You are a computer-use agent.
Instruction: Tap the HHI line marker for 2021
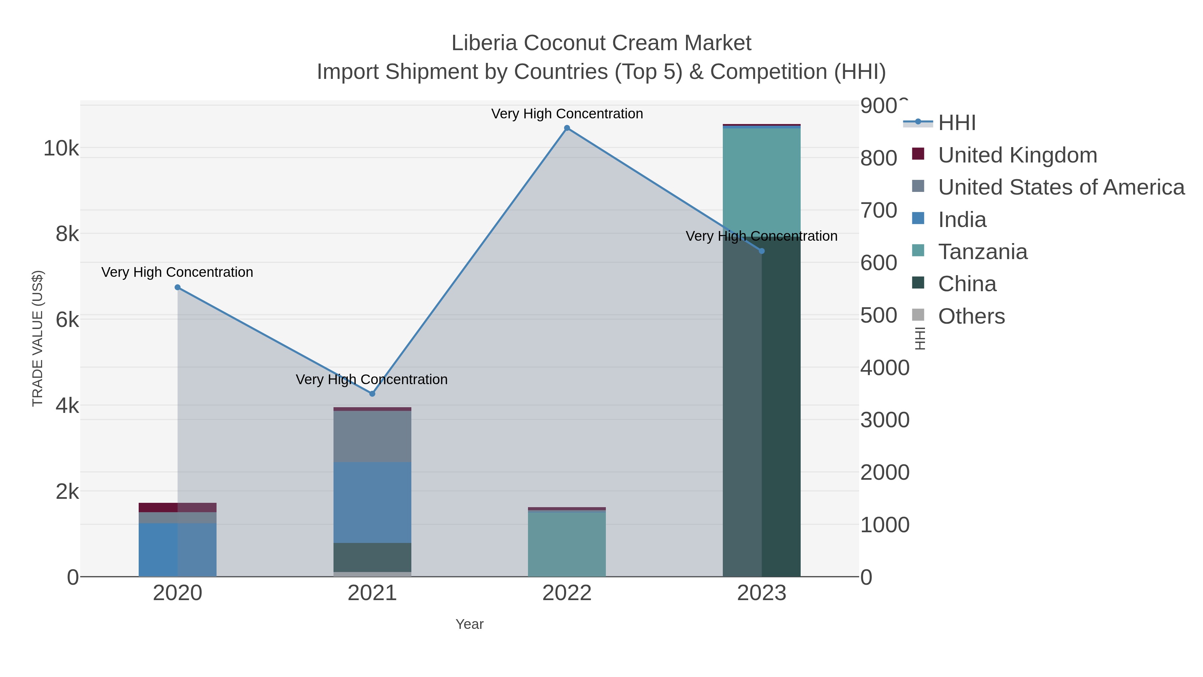[x=372, y=394]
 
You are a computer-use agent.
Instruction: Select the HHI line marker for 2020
[x=177, y=287]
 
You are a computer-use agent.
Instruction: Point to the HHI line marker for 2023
[x=762, y=251]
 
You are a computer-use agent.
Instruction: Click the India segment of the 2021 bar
[x=372, y=502]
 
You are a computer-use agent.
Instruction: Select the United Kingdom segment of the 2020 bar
[x=177, y=507]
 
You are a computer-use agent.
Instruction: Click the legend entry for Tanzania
[x=982, y=252]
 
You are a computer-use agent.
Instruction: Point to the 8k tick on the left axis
[x=67, y=234]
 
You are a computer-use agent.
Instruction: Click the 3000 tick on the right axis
[x=885, y=420]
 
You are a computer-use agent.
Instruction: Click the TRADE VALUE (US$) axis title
[x=37, y=338]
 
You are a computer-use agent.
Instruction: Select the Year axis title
[x=470, y=624]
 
